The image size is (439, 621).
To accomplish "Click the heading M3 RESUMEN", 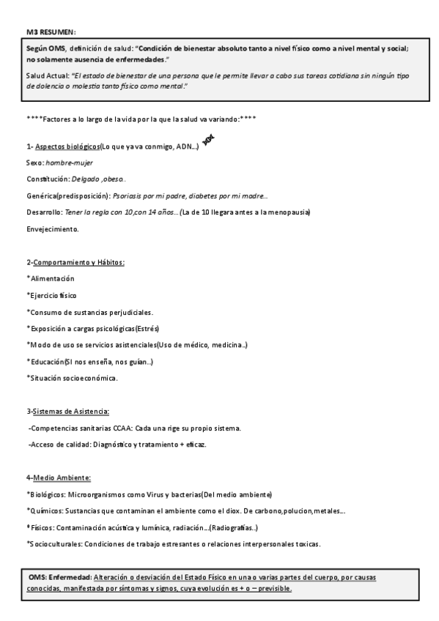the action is pyautogui.click(x=51, y=31).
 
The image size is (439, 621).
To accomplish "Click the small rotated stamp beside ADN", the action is pyautogui.click(x=207, y=141).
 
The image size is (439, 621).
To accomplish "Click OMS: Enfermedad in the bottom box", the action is pyautogui.click(x=59, y=578).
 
